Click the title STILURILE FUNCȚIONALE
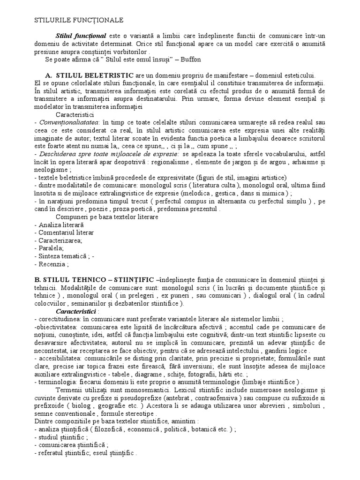79,20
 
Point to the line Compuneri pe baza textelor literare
107,217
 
